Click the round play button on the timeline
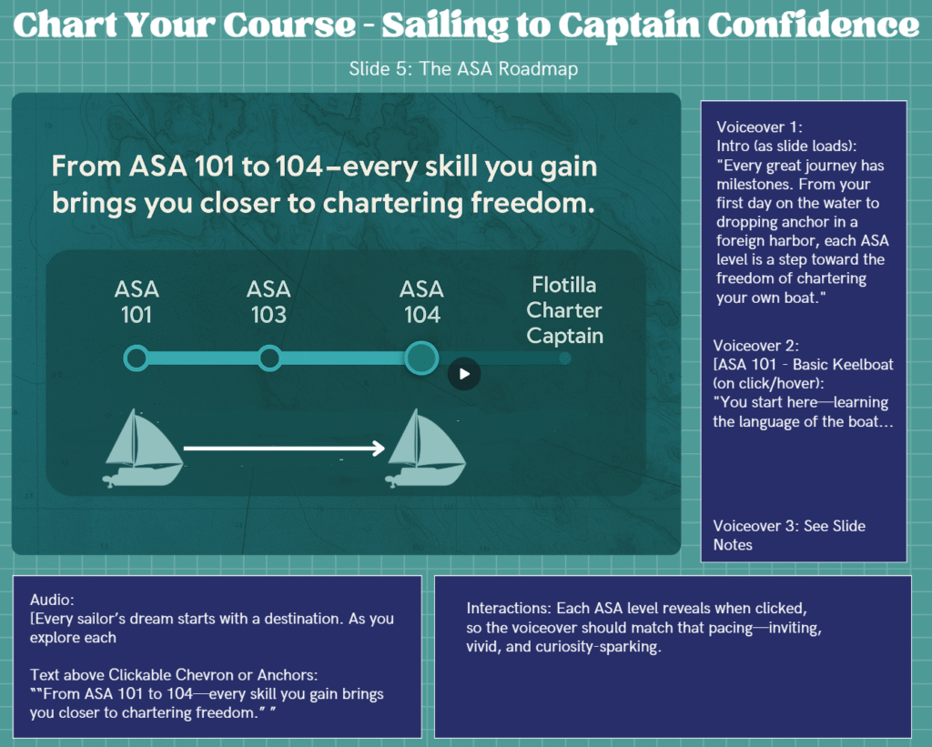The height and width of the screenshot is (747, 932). coord(464,374)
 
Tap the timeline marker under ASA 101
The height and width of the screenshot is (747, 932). coord(137,358)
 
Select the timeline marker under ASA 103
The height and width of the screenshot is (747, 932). coord(269,358)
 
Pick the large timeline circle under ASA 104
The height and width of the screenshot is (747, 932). coord(421,358)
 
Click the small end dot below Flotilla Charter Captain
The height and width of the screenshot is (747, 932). coord(565,358)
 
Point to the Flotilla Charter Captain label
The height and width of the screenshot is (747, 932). coord(564,310)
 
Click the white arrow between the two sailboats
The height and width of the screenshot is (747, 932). coord(284,448)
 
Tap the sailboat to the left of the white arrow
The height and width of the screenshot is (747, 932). coord(143,448)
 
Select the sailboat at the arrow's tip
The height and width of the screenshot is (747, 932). coord(426,448)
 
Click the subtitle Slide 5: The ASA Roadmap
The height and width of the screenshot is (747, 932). coord(463,69)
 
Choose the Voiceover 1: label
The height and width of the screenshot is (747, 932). coord(759,127)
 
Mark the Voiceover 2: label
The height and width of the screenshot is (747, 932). coord(755,345)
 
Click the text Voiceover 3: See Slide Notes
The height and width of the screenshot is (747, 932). coord(789,535)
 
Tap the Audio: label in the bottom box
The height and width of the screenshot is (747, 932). coord(52,600)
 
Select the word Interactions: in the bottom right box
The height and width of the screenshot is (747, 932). coord(509,608)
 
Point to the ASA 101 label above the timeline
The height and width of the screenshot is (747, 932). coord(137,302)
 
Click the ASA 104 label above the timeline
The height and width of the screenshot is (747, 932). coord(421,302)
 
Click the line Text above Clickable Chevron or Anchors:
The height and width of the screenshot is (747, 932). coord(174,675)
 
